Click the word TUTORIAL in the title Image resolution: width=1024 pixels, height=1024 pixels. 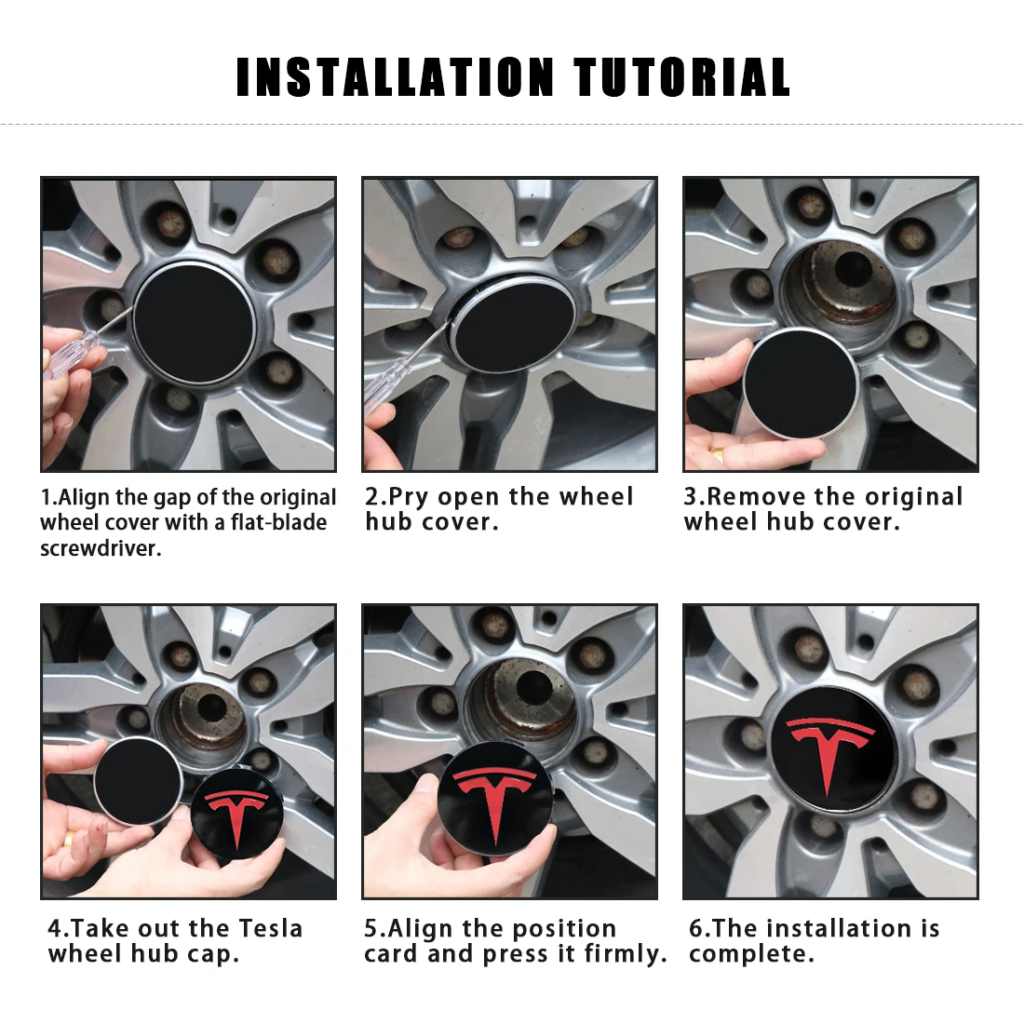coord(681,77)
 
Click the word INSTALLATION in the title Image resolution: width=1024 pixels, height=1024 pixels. coord(396,77)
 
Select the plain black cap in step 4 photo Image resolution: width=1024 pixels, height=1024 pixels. coord(138,780)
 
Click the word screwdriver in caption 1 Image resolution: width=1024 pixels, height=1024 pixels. coord(100,548)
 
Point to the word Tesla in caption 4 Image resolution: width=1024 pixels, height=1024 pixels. coord(271,928)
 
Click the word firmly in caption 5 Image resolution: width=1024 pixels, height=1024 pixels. coord(624,954)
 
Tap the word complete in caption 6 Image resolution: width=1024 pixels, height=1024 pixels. coord(750,954)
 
